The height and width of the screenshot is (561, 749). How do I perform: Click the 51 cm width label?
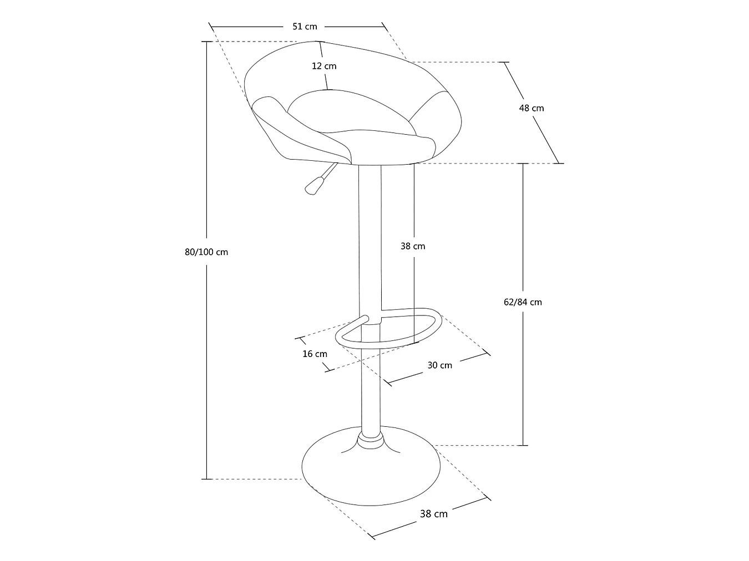(305, 27)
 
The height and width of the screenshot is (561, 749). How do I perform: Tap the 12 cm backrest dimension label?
(324, 66)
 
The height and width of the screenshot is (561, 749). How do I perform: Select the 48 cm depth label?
(532, 109)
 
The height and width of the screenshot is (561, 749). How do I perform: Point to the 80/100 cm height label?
(206, 252)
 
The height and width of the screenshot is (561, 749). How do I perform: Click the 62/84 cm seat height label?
(523, 302)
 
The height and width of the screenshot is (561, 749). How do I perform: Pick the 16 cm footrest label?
(315, 354)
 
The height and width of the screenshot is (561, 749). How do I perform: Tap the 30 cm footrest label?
(439, 365)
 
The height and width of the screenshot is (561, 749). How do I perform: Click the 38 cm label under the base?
(433, 514)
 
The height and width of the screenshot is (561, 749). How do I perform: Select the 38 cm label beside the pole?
(413, 247)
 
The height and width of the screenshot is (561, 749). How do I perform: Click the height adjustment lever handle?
(314, 186)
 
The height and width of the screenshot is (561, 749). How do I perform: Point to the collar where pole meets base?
(371, 441)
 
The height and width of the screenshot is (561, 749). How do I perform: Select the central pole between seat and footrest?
(370, 238)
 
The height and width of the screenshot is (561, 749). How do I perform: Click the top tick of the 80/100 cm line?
(206, 42)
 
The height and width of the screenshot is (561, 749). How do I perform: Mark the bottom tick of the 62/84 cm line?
(523, 446)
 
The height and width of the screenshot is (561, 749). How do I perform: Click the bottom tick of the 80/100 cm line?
(206, 479)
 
